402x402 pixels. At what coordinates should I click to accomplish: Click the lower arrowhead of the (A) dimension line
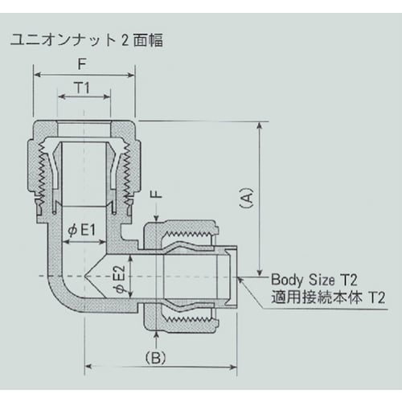[259, 273]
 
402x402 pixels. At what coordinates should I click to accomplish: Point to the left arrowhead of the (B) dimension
[87, 367]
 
